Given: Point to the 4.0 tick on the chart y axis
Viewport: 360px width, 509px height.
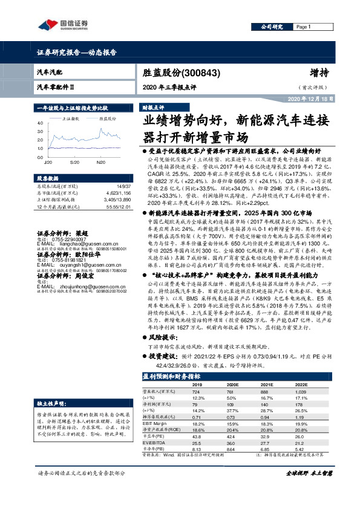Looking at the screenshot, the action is (x=40, y=122).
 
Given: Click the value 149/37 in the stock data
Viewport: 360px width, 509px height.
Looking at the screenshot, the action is (x=123, y=187).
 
